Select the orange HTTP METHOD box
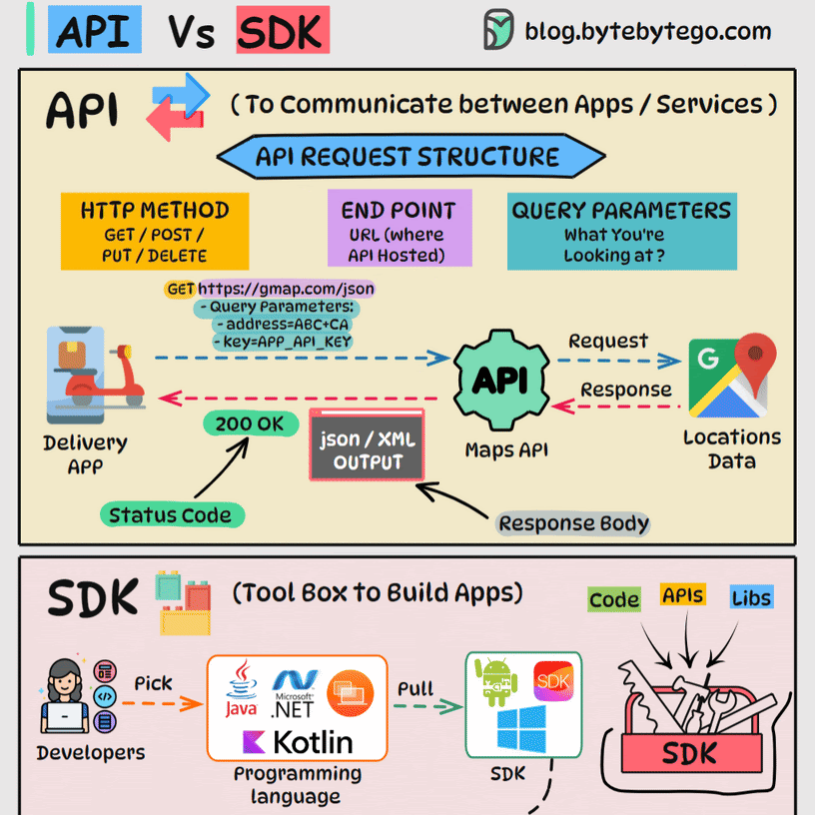click(154, 231)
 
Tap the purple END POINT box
click(399, 231)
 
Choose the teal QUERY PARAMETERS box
click(621, 232)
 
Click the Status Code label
click(170, 515)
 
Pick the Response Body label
click(573, 523)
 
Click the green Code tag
click(613, 599)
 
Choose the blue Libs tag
click(751, 597)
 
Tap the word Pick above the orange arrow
click(153, 684)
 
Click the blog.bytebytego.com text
click(647, 31)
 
